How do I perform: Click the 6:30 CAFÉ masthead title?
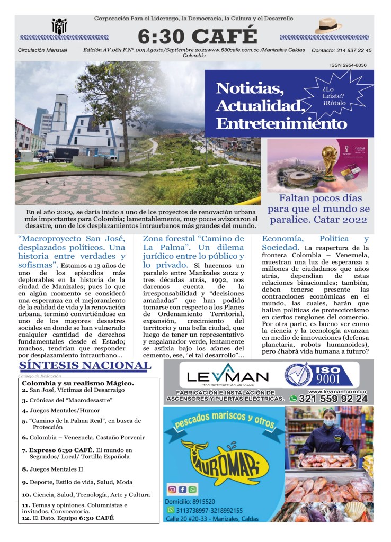[x=197, y=36]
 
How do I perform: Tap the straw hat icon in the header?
[x=328, y=26]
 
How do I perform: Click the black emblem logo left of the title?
[x=59, y=26]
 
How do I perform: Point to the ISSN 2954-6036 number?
[x=348, y=65]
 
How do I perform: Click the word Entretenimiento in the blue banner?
[x=281, y=123]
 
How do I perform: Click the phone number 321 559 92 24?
[x=333, y=399]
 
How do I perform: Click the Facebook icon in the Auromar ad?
[x=182, y=490]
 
